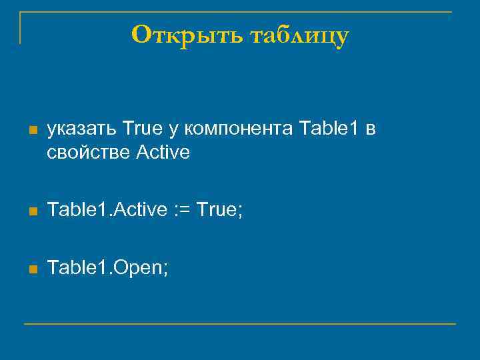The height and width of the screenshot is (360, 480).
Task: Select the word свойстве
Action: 89,153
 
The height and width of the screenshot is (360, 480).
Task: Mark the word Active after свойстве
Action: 163,153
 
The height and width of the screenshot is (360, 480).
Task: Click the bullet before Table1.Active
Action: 32,211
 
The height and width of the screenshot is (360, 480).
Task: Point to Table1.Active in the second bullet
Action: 107,210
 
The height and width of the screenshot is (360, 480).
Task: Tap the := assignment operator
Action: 183,211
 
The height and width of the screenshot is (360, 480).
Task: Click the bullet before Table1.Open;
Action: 32,269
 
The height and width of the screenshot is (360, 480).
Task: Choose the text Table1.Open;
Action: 108,268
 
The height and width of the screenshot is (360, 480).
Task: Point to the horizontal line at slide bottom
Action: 240,324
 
